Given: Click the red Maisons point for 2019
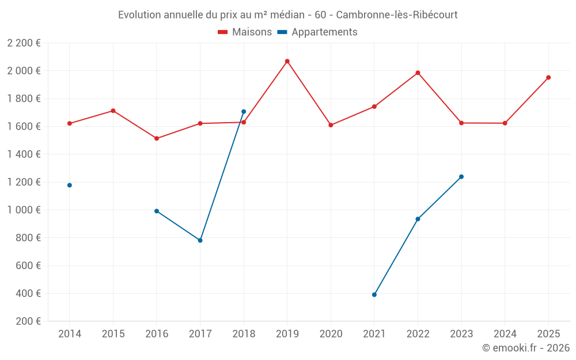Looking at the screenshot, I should (287, 61).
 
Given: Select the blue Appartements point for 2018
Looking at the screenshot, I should (244, 112).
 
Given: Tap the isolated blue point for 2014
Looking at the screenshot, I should (70, 185).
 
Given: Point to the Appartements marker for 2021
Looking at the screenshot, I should (374, 294).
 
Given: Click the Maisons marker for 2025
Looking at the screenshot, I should (548, 77).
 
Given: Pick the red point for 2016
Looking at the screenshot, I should (157, 138).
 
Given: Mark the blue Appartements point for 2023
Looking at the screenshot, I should (461, 177).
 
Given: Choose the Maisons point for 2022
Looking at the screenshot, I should (418, 73).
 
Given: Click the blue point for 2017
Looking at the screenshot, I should (200, 240).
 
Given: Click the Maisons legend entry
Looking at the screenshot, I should (245, 32).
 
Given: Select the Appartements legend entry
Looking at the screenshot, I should (318, 32).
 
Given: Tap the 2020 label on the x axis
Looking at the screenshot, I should (331, 334).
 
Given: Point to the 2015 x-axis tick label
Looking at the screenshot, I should (113, 334).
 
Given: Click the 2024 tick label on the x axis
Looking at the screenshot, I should (505, 334).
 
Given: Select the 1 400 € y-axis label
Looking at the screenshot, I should (24, 154).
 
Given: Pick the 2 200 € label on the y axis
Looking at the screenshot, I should (24, 43).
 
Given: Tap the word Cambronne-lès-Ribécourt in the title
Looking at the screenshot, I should (396, 15).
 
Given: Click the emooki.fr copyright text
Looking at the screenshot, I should (525, 348).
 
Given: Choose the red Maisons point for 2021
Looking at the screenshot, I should (374, 107).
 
